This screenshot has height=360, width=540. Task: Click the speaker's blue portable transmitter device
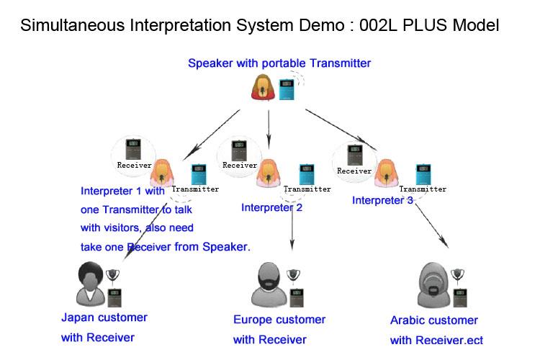pos(287,89)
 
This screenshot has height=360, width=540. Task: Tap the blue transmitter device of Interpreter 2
pos(305,174)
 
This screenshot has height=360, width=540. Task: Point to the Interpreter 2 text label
pos(271,208)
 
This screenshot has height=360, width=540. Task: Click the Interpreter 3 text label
pos(382,200)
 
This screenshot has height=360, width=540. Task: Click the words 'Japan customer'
pos(104,318)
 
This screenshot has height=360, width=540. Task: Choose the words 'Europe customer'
pos(279,320)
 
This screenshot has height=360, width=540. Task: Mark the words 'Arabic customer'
pos(433,320)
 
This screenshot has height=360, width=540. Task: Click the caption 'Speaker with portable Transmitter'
pos(279,63)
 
